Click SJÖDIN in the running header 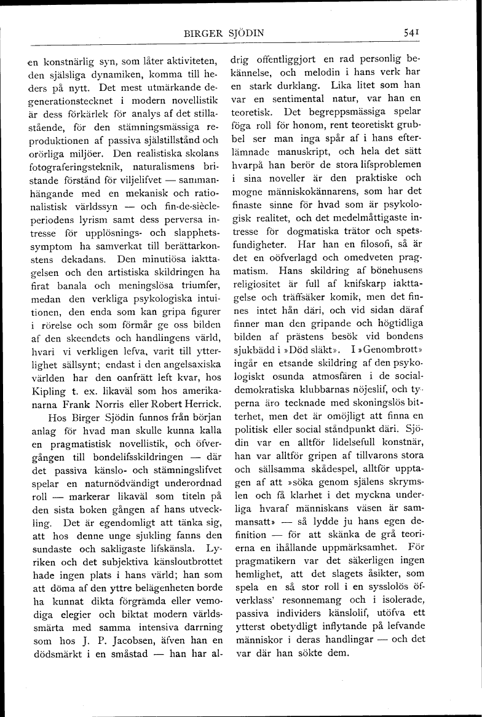click(x=243, y=33)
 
